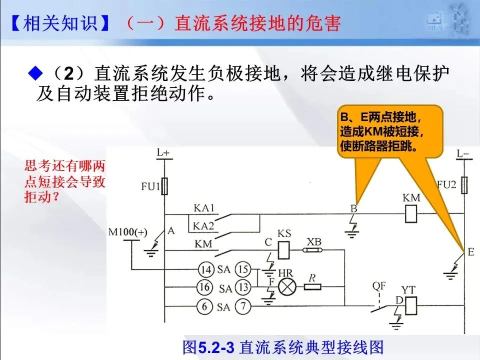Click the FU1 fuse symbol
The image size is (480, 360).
[x=164, y=186]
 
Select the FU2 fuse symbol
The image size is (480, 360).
[x=464, y=185]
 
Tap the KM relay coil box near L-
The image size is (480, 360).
[x=411, y=213]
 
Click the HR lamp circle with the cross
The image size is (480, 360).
[x=287, y=287]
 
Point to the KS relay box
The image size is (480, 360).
[x=284, y=250]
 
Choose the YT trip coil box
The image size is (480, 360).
[x=411, y=305]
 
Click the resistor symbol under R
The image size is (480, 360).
[x=312, y=287]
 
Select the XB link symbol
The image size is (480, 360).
[x=313, y=250]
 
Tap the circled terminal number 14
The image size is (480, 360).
[x=206, y=269]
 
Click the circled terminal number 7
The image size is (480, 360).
[x=243, y=306]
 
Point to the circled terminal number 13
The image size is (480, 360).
[x=243, y=287]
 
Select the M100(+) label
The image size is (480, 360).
[x=127, y=232]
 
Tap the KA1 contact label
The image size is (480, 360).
[x=204, y=208]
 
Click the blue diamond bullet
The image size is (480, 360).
[x=35, y=73]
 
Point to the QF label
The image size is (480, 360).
[x=379, y=286]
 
